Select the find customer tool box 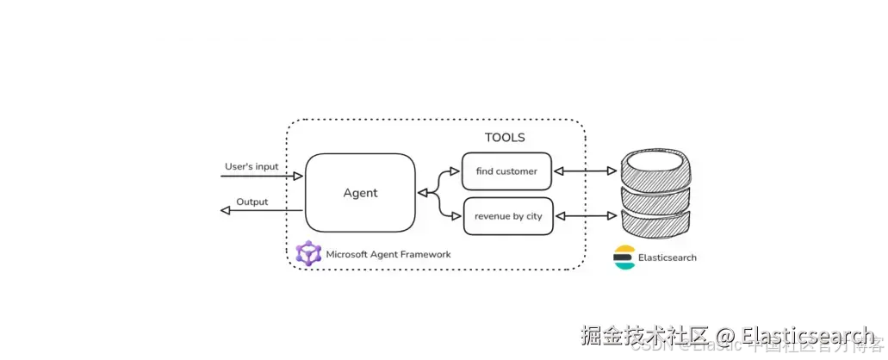pos(506,171)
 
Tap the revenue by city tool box pos(508,216)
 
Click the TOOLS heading pos(505,138)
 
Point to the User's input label pos(251,165)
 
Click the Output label pos(252,202)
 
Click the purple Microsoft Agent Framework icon pos(307,254)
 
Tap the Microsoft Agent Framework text pos(388,255)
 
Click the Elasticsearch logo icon pos(624,258)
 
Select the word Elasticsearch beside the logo pos(668,258)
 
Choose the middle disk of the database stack pos(657,195)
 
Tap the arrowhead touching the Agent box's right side pos(422,194)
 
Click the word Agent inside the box pos(360,193)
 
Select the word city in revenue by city pos(534,216)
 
